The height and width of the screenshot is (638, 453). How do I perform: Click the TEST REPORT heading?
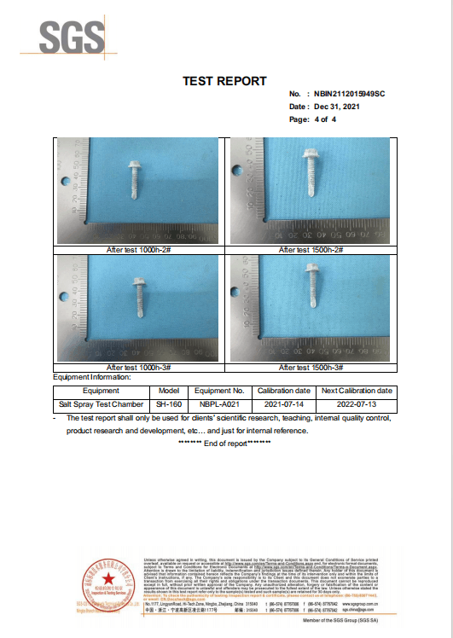pyautogui.click(x=224, y=81)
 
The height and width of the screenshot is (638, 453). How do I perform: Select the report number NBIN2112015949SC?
pyautogui.click(x=350, y=93)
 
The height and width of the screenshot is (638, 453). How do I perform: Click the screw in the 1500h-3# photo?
pyautogui.click(x=311, y=286)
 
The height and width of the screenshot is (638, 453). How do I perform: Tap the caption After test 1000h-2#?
pyautogui.click(x=140, y=250)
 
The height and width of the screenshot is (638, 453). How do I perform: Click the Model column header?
pyautogui.click(x=168, y=390)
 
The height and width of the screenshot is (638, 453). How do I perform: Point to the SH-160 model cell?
pyautogui.click(x=168, y=403)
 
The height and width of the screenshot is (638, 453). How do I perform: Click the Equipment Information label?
pyautogui.click(x=92, y=377)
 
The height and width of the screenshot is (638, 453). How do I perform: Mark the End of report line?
pyautogui.click(x=224, y=444)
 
